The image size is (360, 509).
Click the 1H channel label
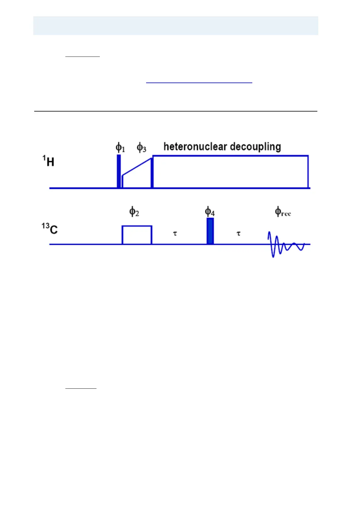[48, 161]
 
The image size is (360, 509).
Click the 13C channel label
[50, 229]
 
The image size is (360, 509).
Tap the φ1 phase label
[120, 148]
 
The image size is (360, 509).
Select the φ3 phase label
[141, 148]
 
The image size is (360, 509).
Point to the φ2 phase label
[134, 212]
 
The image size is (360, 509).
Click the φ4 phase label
[210, 212]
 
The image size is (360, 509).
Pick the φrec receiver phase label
[283, 212]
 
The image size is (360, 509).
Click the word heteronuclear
[195, 147]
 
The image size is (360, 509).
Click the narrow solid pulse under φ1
[119, 171]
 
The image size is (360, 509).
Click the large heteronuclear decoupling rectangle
[230, 172]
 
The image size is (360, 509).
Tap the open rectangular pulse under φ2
[137, 235]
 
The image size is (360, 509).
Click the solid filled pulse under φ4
[210, 231]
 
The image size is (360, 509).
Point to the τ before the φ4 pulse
[175, 233]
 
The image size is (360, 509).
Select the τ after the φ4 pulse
[238, 233]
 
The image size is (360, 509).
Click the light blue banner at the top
[175, 26]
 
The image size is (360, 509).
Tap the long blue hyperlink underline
[199, 83]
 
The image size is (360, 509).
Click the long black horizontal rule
[175, 111]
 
